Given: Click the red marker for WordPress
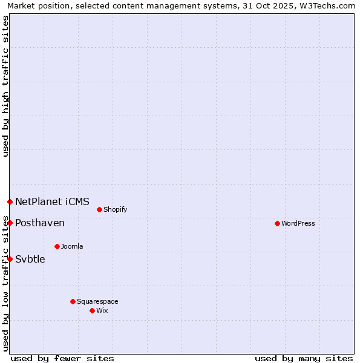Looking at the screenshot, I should pos(277,223).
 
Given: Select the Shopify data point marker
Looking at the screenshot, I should pos(99,209).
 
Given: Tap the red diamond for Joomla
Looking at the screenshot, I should pos(57,246).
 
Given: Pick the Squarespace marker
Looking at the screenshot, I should pos(73,301).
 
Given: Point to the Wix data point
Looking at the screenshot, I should pos(92,310).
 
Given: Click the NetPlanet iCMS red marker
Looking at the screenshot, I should pos(10,201).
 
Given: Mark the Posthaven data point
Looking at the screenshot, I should pos(10,223).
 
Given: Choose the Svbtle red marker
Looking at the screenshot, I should pos(10,259).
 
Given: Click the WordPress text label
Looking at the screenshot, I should pos(298,223).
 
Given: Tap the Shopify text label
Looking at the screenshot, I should pos(115,209).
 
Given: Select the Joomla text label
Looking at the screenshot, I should pos(72,246).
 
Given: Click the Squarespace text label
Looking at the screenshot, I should pos(97,301).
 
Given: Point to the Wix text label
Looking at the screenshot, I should pos(102,310).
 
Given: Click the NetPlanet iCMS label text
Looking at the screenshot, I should pos(52,201).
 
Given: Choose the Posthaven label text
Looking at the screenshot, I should pos(40,223).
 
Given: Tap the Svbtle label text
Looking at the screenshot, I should pos(30,259).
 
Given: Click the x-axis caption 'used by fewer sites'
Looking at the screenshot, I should pos(62,358).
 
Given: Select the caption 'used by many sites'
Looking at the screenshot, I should pos(304,358).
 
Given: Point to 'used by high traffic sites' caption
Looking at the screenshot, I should pos(5,86).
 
